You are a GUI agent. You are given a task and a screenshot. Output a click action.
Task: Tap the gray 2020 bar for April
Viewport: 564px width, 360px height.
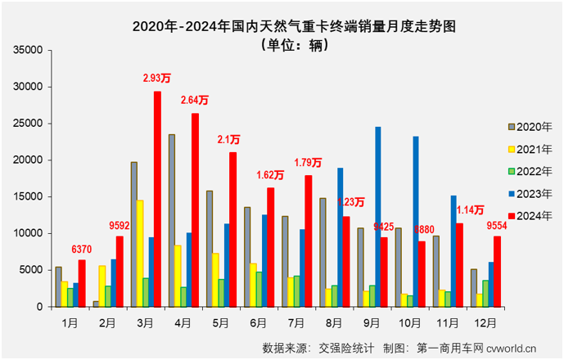(172, 220)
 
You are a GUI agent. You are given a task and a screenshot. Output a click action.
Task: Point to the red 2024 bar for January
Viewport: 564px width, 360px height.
(82, 283)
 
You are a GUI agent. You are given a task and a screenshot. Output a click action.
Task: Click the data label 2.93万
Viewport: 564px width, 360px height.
(156, 79)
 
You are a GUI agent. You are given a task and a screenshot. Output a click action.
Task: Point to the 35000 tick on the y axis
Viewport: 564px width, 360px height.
(29, 50)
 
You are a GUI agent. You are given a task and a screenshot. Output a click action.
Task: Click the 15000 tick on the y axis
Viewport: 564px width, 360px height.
(29, 196)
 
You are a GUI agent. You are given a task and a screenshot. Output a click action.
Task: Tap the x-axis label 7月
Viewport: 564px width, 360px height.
(296, 322)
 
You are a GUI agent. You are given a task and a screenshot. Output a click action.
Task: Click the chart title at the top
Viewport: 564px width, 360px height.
(282, 25)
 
